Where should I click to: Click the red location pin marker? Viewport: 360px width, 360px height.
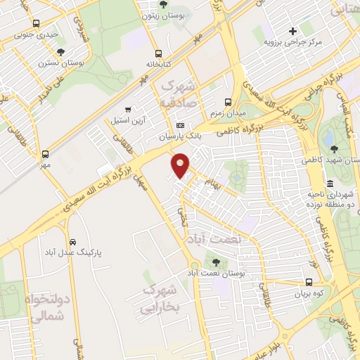(181, 165)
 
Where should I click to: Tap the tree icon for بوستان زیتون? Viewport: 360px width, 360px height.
(164, 4)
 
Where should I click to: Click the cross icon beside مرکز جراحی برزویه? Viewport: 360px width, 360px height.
(293, 31)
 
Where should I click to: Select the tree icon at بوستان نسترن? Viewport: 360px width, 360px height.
(61, 52)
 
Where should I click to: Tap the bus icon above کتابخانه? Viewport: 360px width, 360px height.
(159, 53)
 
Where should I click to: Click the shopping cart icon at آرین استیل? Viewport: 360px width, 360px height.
(127, 110)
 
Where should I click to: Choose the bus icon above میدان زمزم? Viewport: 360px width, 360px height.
(227, 102)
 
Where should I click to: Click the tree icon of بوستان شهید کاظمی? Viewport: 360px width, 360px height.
(334, 148)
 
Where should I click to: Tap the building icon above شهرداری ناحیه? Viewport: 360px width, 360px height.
(330, 184)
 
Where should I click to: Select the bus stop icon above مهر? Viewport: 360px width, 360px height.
(46, 154)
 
